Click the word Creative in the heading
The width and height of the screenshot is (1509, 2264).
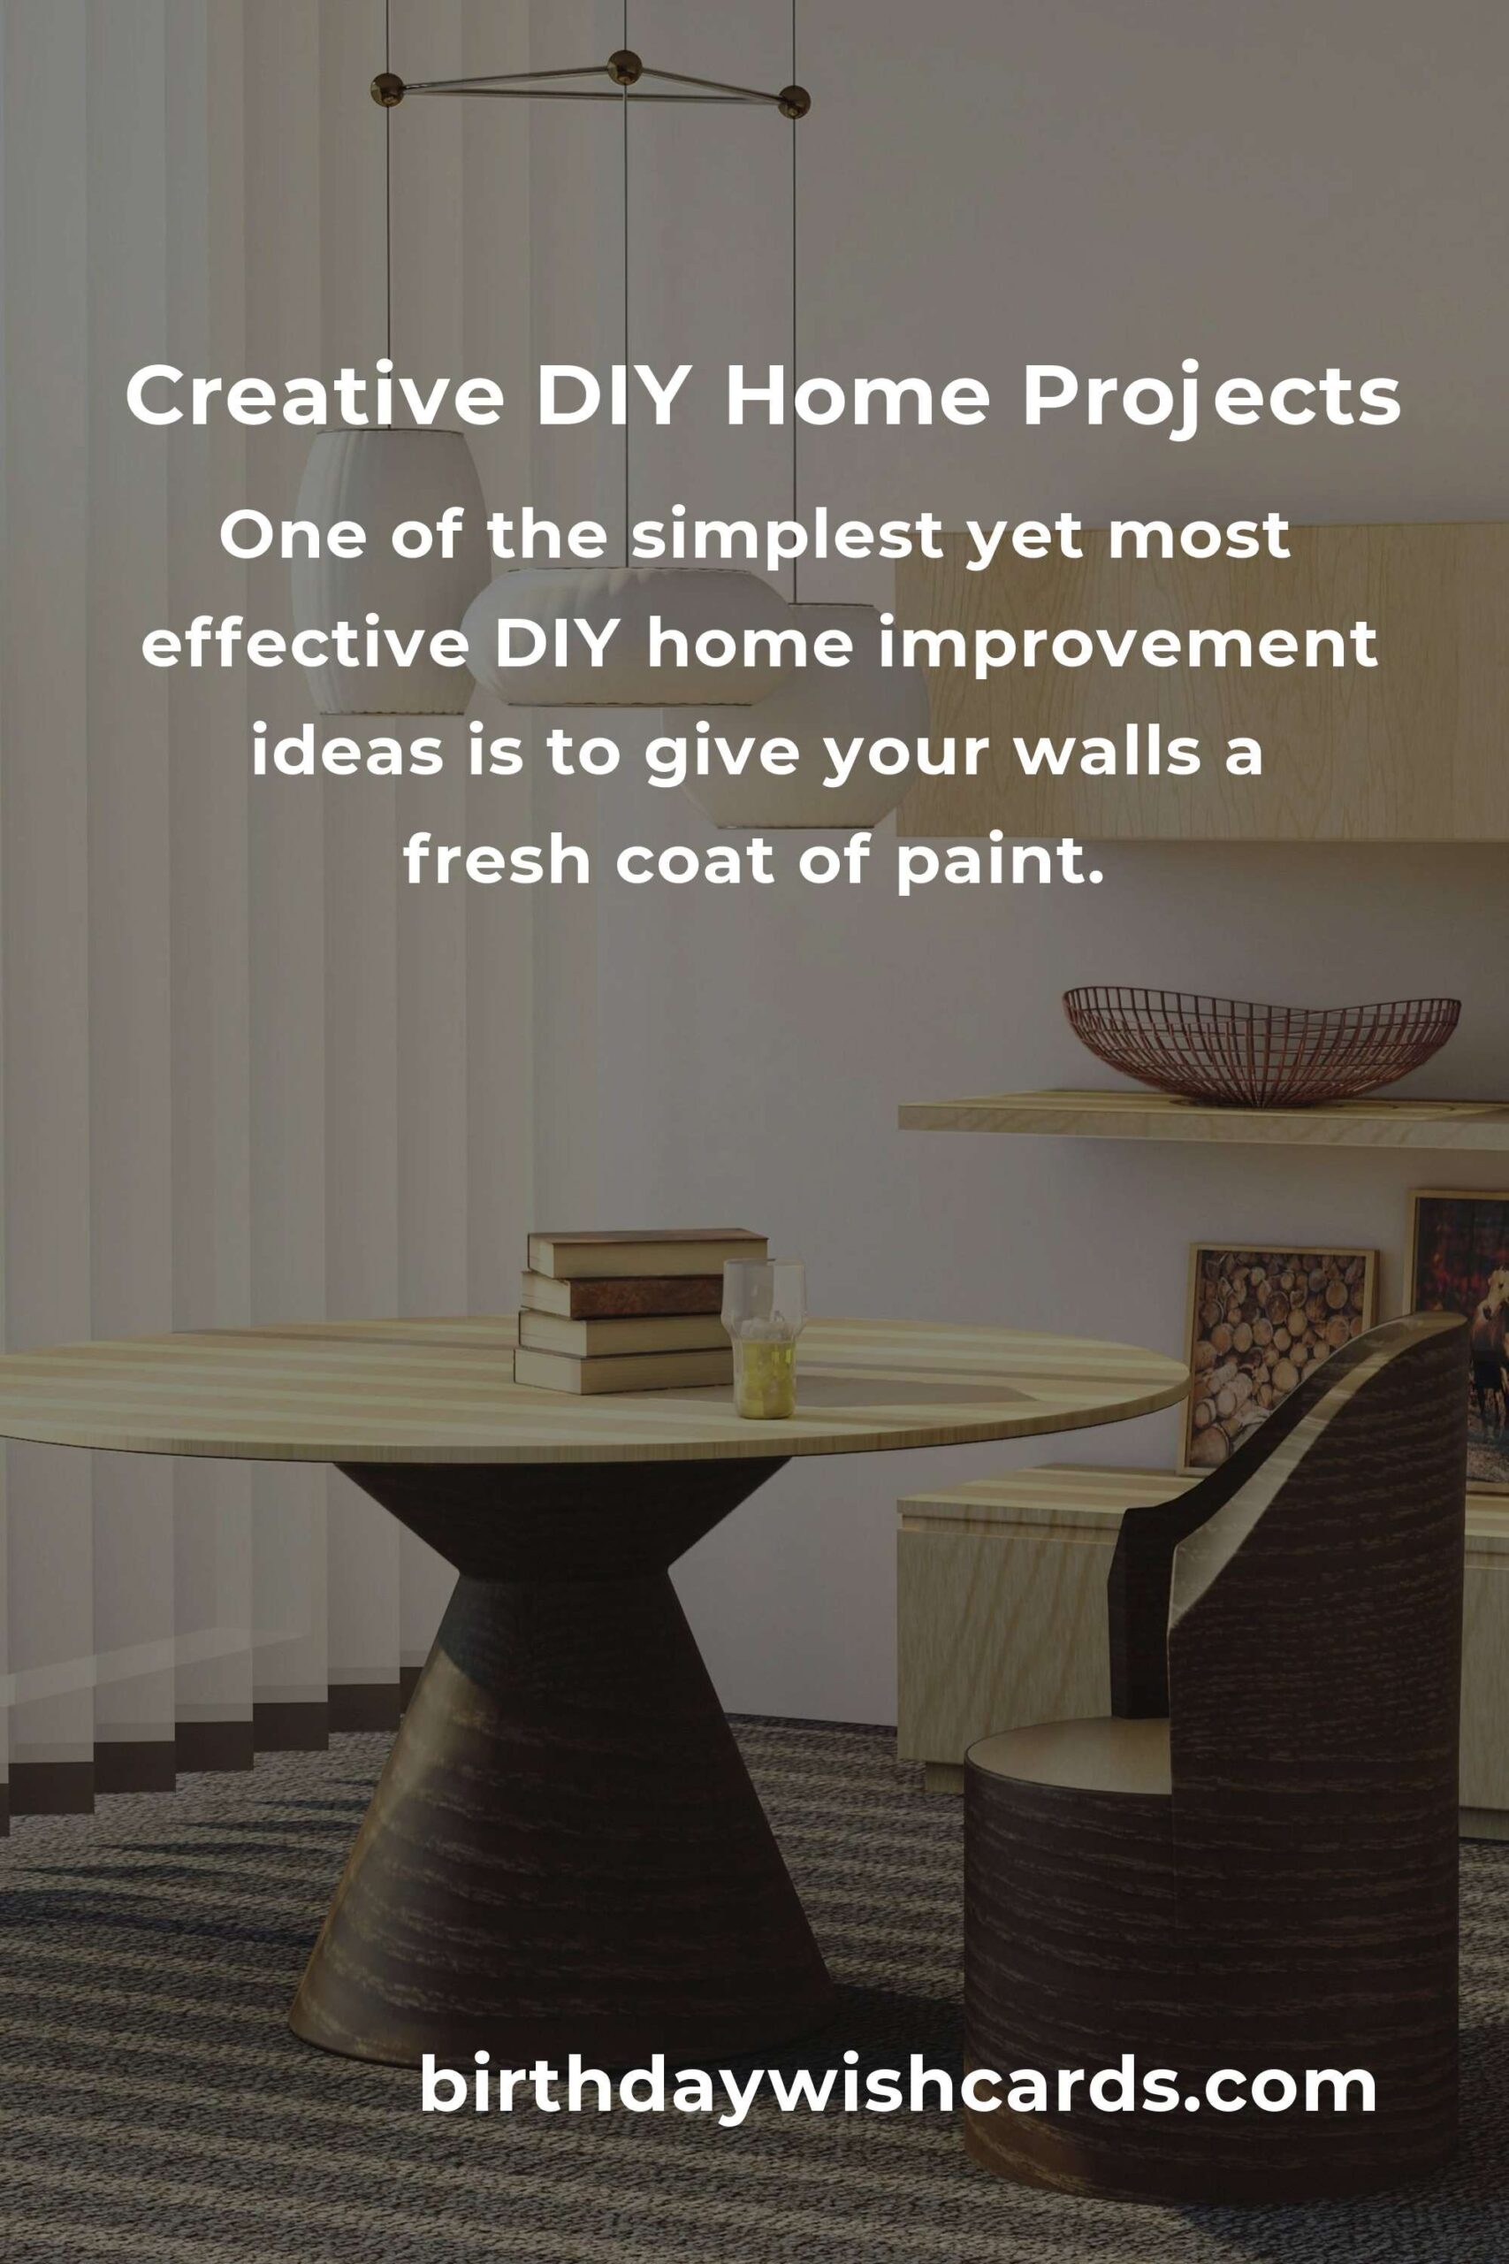point(315,395)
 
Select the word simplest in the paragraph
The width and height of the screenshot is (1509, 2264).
point(784,537)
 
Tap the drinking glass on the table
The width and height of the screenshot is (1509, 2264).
point(763,1338)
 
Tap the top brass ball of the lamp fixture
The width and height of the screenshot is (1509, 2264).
point(627,67)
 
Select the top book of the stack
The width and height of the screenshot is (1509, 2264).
point(647,1251)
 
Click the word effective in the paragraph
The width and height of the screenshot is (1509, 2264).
point(304,646)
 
